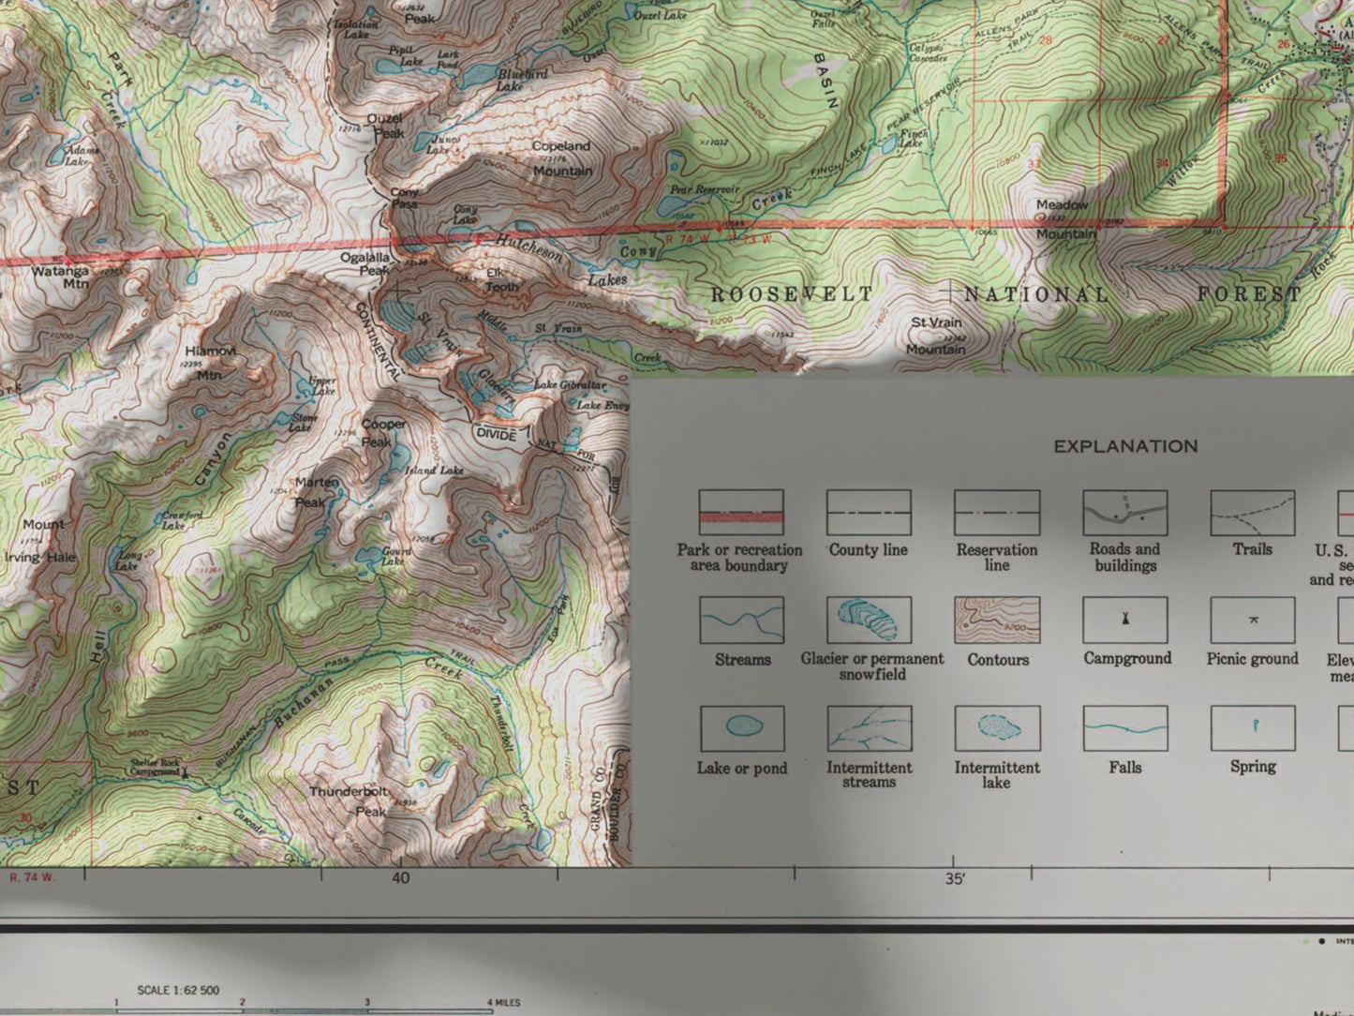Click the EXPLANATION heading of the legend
tap(1125, 446)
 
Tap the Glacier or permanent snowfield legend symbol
tap(869, 620)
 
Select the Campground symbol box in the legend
tap(1124, 620)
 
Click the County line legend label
tap(868, 550)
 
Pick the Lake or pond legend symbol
tap(741, 728)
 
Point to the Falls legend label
tap(1124, 768)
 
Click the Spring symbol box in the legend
tap(1253, 728)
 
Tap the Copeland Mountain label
tap(561, 158)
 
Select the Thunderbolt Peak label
tap(350, 801)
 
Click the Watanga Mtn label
tap(61, 278)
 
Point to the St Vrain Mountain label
tap(936, 336)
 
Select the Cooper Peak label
tap(383, 433)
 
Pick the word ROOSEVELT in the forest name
tap(792, 294)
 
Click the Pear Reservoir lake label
tap(704, 189)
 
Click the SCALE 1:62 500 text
tap(178, 990)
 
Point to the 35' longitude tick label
tap(954, 879)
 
